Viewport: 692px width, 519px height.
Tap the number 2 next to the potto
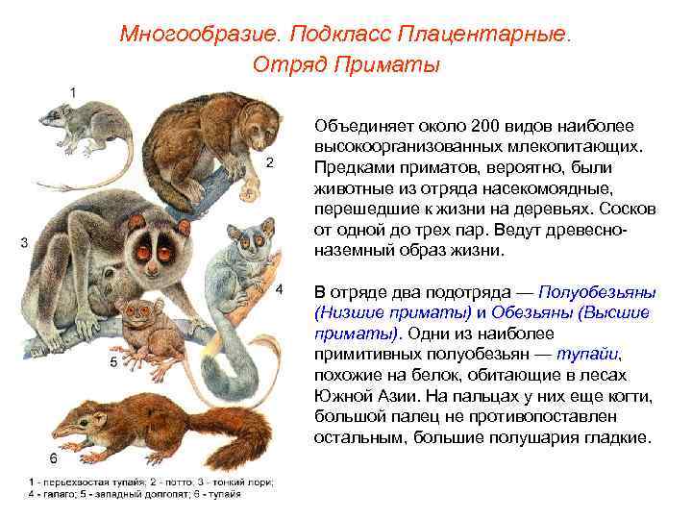pos(271,162)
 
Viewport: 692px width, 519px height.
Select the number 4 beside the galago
pos(279,288)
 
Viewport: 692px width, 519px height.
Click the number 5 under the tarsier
pos(113,362)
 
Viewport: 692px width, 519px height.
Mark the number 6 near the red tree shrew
pos(53,456)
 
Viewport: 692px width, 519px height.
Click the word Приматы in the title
pos(396,64)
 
